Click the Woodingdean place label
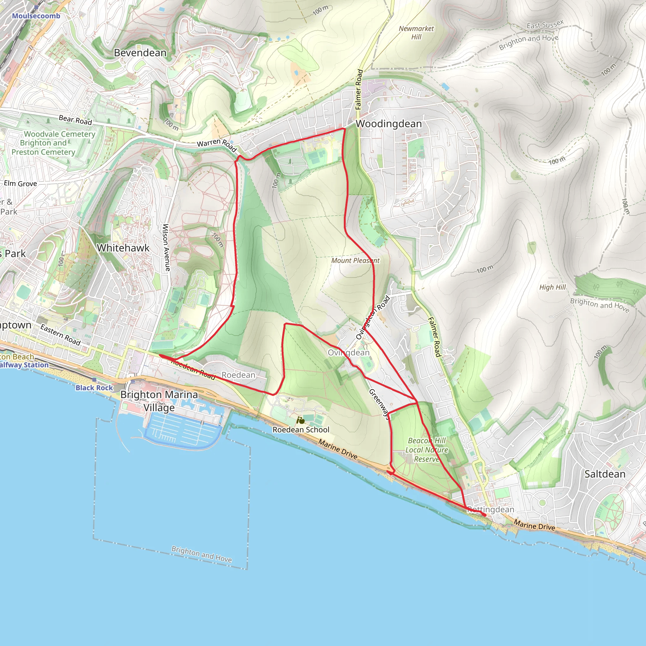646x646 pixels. click(389, 124)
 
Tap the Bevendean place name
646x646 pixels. click(140, 53)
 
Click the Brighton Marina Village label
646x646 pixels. click(159, 401)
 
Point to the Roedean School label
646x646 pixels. click(301, 430)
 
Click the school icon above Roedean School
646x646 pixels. click(301, 420)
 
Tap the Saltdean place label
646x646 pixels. click(605, 474)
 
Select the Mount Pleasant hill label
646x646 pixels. click(355, 261)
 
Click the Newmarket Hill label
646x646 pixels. click(416, 33)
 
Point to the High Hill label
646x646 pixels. click(552, 287)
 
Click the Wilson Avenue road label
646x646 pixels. click(166, 247)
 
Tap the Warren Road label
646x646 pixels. click(217, 144)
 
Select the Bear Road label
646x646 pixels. click(75, 120)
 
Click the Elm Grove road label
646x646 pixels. click(21, 184)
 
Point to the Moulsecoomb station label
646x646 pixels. click(36, 16)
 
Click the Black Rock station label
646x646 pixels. click(94, 388)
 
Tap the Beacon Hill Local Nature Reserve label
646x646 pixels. click(427, 450)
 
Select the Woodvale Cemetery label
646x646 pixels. click(60, 134)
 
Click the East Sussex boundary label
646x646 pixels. click(545, 24)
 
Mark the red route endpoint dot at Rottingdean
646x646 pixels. click(484, 515)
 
